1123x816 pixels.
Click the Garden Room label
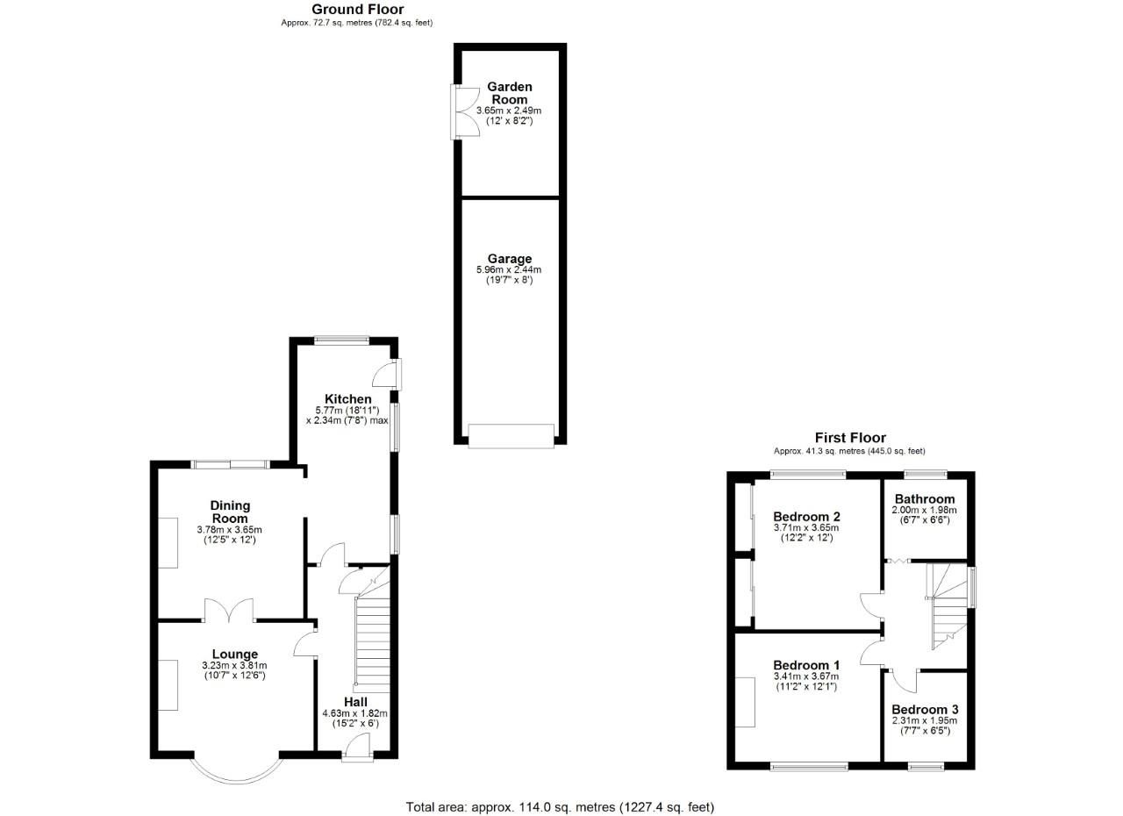coord(510,93)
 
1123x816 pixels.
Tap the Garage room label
coord(510,259)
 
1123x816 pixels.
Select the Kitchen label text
coord(348,399)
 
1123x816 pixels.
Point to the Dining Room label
coord(230,512)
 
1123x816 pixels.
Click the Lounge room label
coord(235,654)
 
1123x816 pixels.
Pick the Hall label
coord(355,702)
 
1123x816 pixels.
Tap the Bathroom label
coord(925,499)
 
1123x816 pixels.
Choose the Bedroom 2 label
coord(806,516)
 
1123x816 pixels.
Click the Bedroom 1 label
coord(806,665)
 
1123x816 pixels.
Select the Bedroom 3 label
coord(925,709)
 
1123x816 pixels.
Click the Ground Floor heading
coord(357,10)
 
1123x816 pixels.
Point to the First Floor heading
coord(850,438)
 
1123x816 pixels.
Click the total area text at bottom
coord(560,806)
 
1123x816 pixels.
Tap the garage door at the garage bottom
coord(511,436)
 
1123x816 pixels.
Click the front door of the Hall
coord(356,748)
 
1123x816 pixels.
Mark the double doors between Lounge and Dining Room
coord(230,611)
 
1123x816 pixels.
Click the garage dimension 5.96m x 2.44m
coord(510,270)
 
